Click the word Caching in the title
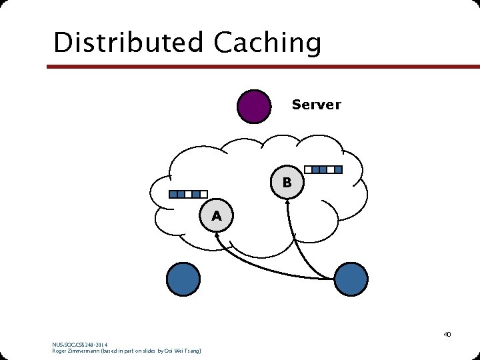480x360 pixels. [267, 44]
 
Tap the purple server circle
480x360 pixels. [254, 107]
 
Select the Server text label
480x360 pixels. [316, 105]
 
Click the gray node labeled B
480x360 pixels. [287, 182]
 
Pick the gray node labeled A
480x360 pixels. [216, 216]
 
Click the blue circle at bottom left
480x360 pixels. [183, 279]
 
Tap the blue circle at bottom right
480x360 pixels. [351, 279]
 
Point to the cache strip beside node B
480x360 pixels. [323, 169]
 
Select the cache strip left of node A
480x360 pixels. [188, 195]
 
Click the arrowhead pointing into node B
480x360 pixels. [288, 203]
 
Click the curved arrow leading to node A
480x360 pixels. [267, 267]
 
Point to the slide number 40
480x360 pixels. [447, 334]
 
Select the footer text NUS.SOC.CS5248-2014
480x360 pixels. [79, 344]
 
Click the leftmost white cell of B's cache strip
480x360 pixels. [307, 169]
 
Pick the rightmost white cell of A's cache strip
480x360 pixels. [203, 195]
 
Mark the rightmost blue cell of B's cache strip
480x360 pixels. [338, 169]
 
